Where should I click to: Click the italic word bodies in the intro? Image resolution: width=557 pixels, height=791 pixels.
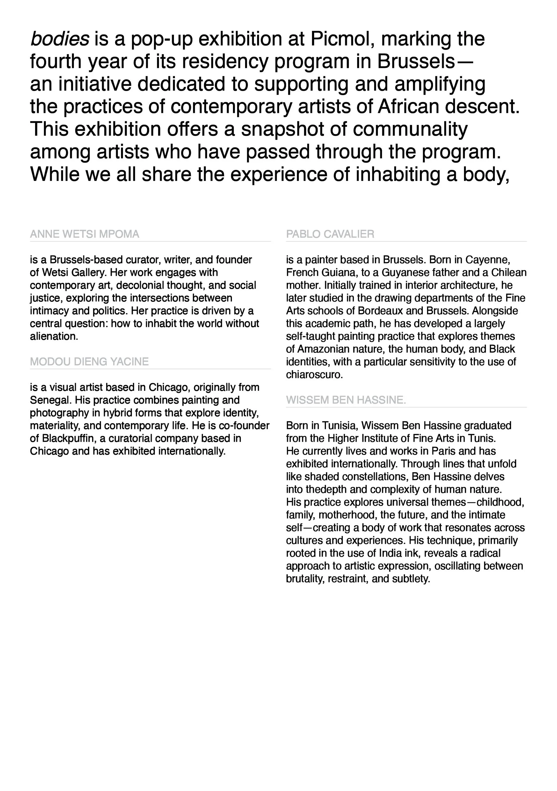[60, 39]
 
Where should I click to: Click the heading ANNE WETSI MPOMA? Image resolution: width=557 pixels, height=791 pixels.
[84, 234]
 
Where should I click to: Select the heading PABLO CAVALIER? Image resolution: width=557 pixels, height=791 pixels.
[330, 234]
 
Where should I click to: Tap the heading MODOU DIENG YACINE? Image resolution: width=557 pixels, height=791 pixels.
[89, 362]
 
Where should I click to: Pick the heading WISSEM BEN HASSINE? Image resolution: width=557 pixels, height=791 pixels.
[346, 400]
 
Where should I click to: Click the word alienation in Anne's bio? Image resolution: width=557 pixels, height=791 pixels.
[54, 336]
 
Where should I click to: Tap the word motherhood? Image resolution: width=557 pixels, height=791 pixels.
[348, 515]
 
